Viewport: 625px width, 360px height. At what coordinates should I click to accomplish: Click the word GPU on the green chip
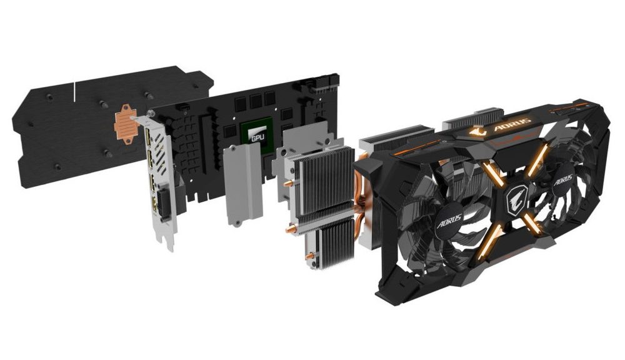(256, 139)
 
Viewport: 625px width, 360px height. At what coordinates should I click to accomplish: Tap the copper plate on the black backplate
(126, 124)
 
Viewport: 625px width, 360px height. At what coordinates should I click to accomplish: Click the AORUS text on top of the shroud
(512, 124)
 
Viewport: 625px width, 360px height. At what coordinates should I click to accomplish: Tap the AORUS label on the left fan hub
(449, 221)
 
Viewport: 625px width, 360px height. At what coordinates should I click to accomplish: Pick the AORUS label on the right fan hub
(562, 181)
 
